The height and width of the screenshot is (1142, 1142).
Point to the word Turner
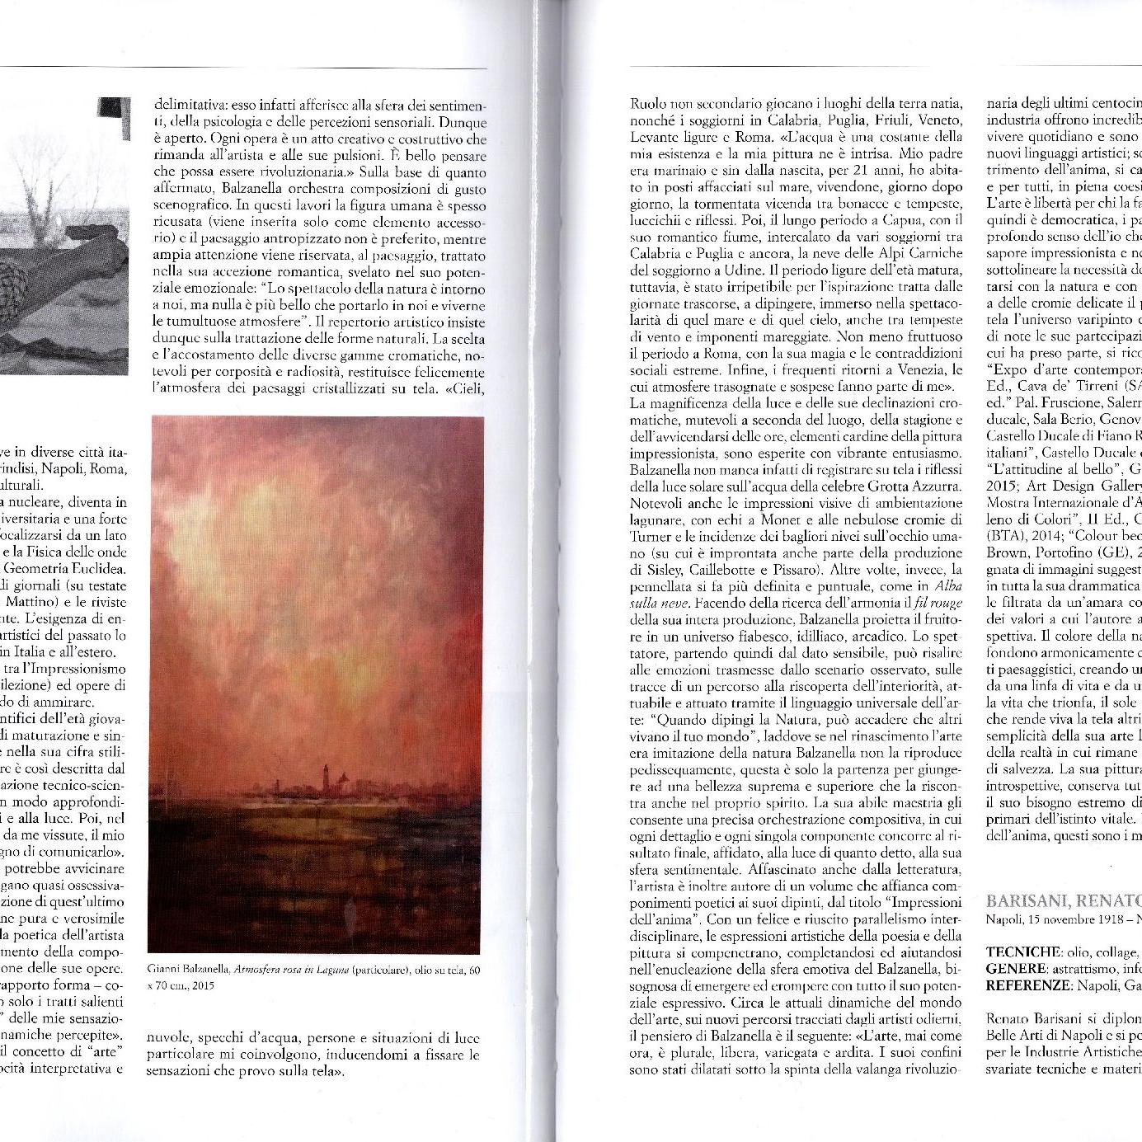point(651,536)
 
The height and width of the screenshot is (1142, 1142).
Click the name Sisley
point(648,569)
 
